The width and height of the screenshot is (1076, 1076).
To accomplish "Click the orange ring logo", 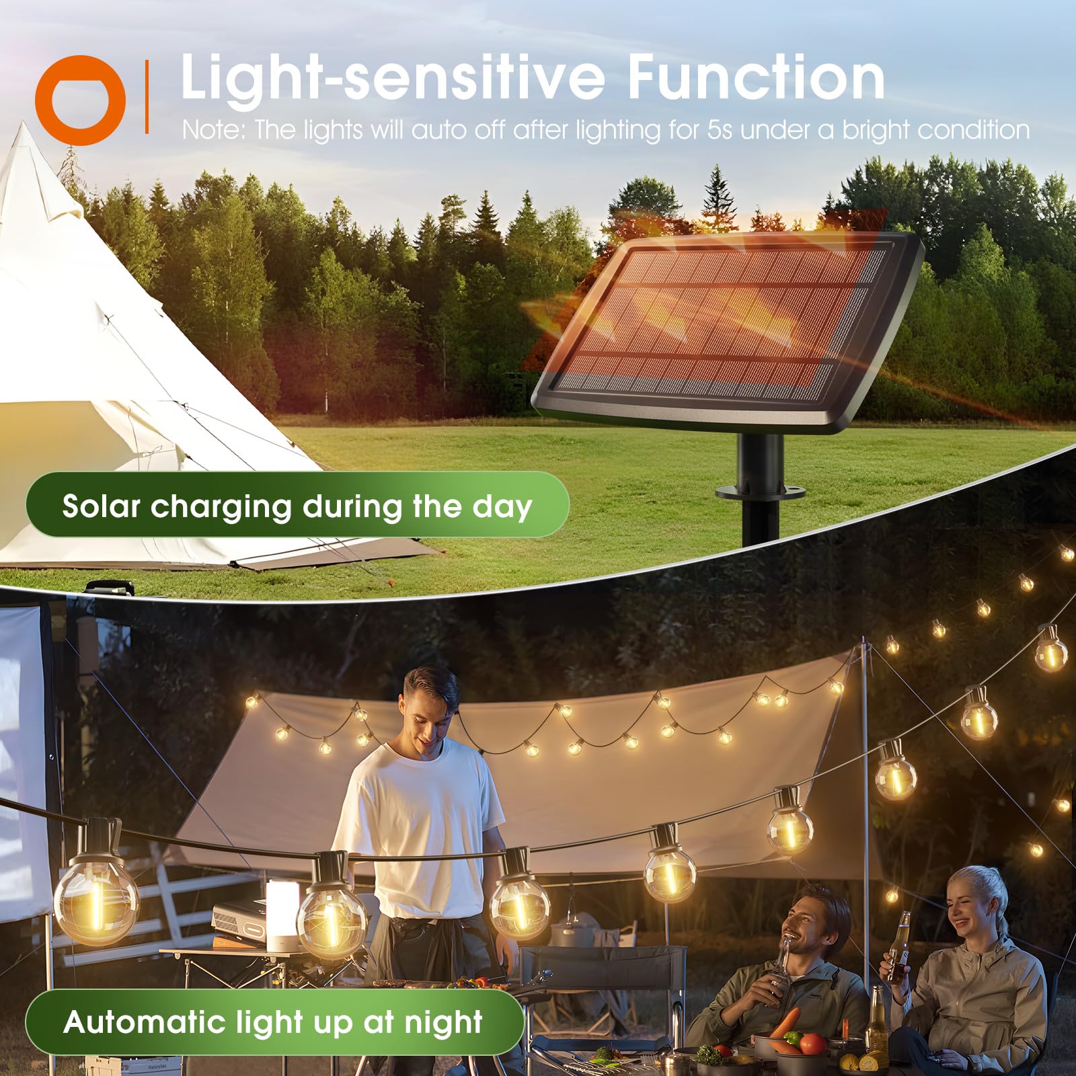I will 81,100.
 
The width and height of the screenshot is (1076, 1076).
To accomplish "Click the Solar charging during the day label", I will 297,506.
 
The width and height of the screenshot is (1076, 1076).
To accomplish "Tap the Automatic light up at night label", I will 273,1022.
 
